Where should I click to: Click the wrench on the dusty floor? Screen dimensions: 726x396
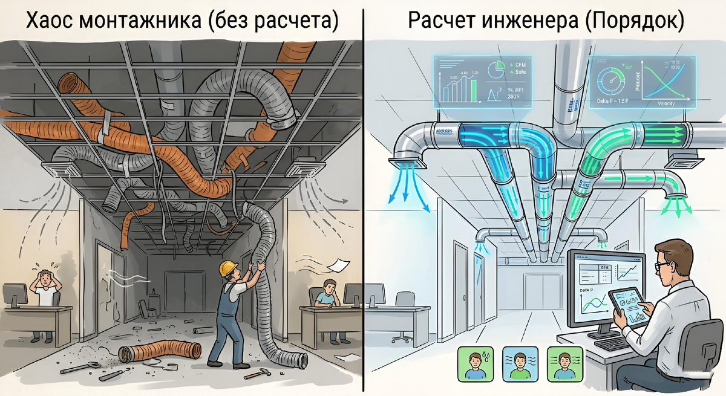pyautogui.click(x=79, y=368)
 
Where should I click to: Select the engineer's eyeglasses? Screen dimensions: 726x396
pyautogui.click(x=661, y=264)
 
